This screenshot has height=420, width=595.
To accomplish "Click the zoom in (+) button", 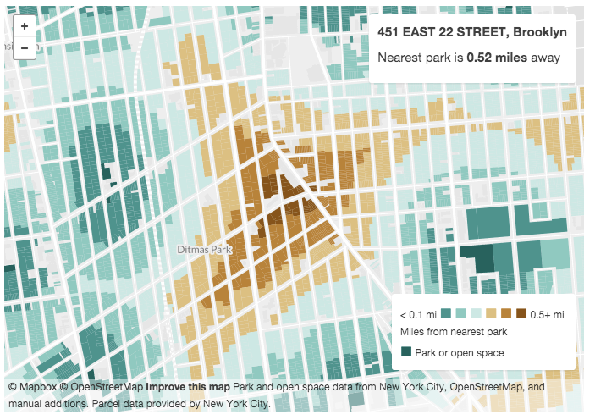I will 25,26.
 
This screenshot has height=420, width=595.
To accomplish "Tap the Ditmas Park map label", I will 204,250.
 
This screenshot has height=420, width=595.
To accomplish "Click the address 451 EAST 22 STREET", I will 443,34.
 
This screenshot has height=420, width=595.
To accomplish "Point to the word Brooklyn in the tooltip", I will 540,34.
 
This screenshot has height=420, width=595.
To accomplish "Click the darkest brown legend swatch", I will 521,314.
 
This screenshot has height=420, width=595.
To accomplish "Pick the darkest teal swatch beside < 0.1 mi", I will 446,314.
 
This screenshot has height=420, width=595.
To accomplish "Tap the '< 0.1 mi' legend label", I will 417,315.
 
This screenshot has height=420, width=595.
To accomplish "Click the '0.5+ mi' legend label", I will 546,315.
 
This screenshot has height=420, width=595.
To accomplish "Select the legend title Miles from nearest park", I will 453,331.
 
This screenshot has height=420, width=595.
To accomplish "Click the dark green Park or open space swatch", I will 406,352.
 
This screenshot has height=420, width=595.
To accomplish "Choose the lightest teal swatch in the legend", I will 477,314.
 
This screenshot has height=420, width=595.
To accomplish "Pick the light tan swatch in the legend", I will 491,314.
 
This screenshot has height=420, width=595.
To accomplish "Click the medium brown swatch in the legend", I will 506,314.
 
